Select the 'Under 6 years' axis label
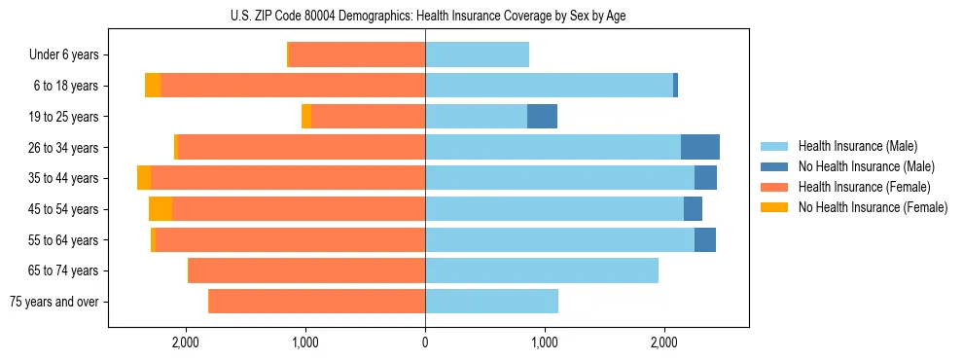click(63, 54)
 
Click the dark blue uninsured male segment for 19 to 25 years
click(542, 117)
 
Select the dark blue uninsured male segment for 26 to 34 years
click(699, 147)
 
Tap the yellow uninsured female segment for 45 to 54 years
click(160, 209)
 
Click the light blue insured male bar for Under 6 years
click(477, 54)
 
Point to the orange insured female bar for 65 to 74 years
click(306, 270)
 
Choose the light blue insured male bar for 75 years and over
click(491, 302)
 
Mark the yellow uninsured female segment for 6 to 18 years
click(153, 86)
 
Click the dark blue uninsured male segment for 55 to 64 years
click(704, 239)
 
